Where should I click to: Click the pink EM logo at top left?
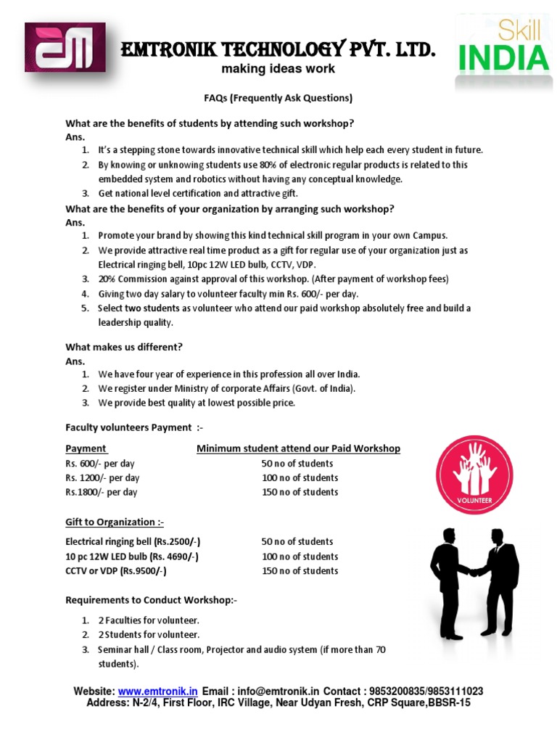tap(65, 47)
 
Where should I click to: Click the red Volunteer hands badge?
tap(474, 479)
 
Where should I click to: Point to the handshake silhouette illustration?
tap(474, 583)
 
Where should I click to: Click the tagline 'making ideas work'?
tap(278, 69)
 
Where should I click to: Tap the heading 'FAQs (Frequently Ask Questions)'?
tap(278, 98)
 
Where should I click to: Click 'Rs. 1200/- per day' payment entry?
tap(102, 477)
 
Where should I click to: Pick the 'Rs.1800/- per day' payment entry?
tap(101, 492)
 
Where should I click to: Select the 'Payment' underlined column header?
tap(86, 448)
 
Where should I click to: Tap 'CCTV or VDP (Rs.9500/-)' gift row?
tap(116, 571)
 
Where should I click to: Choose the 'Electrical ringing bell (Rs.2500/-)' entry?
tap(133, 542)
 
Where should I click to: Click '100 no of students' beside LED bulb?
tap(300, 557)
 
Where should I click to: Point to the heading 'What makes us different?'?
tap(124, 347)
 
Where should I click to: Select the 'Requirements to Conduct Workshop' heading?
tap(151, 600)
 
